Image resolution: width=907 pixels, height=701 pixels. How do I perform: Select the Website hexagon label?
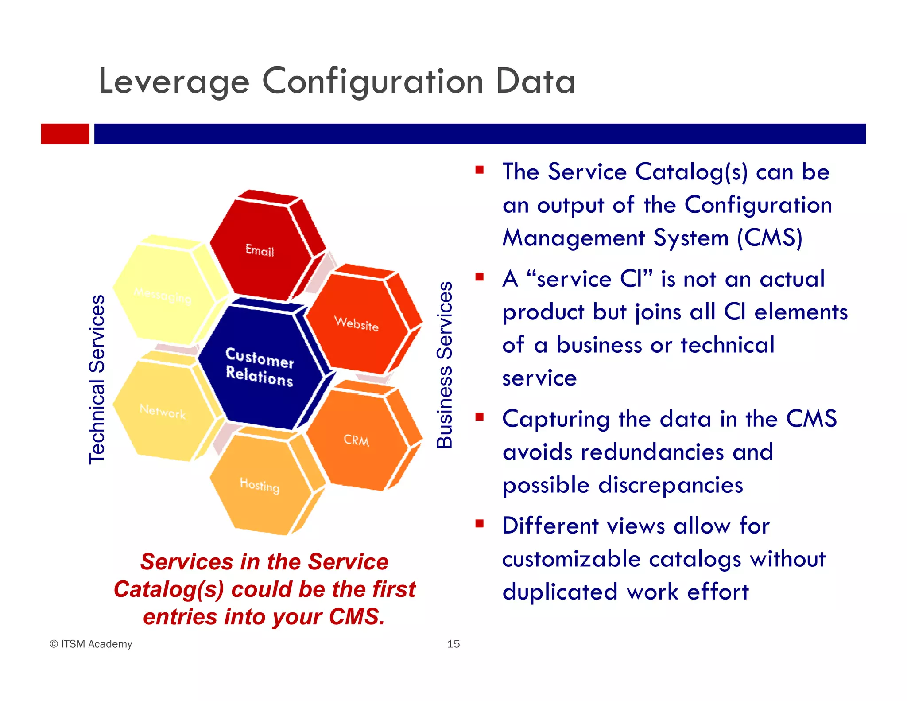(x=356, y=323)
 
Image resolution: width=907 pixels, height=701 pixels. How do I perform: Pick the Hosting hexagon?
(x=260, y=485)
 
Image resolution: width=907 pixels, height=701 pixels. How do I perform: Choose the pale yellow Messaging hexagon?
(x=163, y=295)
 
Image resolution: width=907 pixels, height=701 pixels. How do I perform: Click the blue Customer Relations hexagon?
(x=260, y=367)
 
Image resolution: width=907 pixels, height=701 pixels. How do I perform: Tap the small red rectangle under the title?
(x=65, y=134)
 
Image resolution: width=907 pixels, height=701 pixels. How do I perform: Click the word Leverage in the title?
(x=174, y=82)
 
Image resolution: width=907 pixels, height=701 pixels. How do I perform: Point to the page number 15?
(x=453, y=644)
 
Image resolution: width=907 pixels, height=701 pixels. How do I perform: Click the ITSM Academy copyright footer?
(x=91, y=644)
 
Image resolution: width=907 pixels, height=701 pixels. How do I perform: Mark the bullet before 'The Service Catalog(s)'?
(x=479, y=170)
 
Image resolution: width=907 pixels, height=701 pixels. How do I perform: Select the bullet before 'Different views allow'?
(x=479, y=524)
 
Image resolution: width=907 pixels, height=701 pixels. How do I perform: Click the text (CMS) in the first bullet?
(x=770, y=238)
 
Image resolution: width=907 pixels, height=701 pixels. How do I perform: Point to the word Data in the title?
(x=535, y=82)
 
